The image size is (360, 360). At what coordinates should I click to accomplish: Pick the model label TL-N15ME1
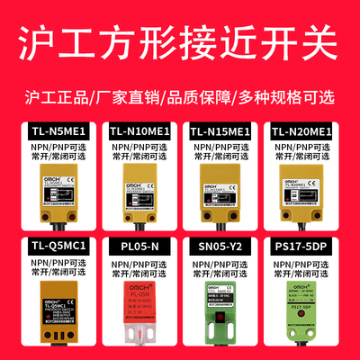(223, 132)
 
